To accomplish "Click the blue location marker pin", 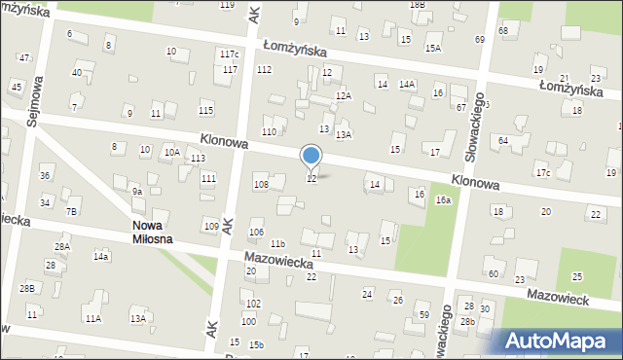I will click(x=311, y=156).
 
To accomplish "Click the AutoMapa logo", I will click(x=560, y=340).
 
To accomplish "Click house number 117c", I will click(x=229, y=54).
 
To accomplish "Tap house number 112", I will click(x=264, y=69).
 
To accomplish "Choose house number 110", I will click(x=269, y=131).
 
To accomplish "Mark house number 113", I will click(x=198, y=158).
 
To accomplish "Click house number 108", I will click(x=260, y=184).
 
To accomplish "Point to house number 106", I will click(x=256, y=232).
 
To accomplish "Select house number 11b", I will click(x=278, y=243).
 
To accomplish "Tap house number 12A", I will click(x=343, y=95).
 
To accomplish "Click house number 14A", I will click(x=407, y=85).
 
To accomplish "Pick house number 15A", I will click(x=433, y=47).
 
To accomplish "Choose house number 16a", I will click(x=443, y=199).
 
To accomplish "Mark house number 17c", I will click(x=542, y=173).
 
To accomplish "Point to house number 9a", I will click(x=137, y=192).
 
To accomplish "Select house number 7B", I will click(x=71, y=211).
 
